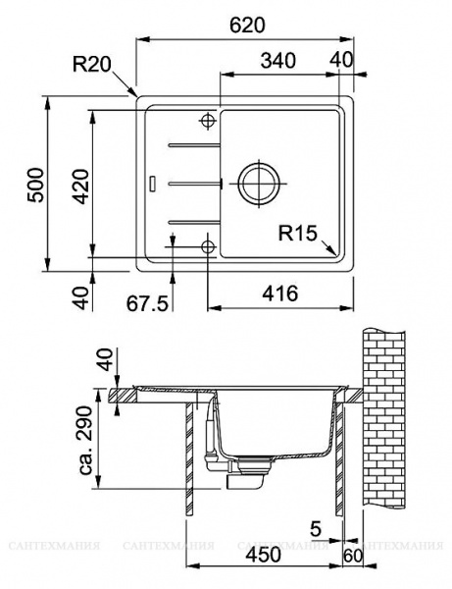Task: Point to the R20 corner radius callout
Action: coord(93,67)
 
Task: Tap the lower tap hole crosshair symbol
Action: coord(208,244)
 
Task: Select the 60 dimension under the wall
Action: coord(352,556)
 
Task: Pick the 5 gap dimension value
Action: coord(316,530)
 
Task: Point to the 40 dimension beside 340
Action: coord(342,60)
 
